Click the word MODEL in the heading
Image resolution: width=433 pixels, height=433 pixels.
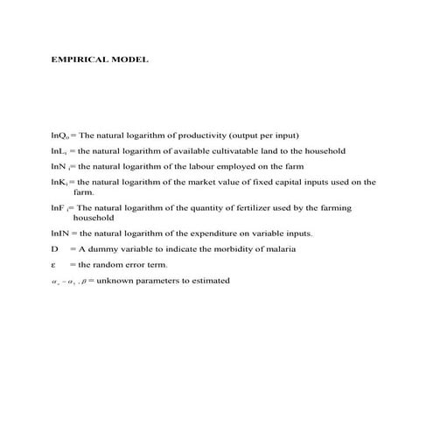pyautogui.click(x=129, y=60)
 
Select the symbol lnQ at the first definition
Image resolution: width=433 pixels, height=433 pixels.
pyautogui.click(x=60, y=136)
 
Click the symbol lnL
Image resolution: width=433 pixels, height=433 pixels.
pyautogui.click(x=59, y=150)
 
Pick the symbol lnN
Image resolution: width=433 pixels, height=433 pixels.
pyautogui.click(x=59, y=165)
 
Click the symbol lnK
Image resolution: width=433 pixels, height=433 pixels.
pyautogui.click(x=59, y=182)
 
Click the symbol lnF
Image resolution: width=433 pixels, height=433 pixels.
pyautogui.click(x=59, y=207)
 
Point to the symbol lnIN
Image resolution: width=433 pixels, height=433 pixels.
pyautogui.click(x=61, y=234)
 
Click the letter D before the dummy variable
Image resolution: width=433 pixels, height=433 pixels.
pyautogui.click(x=54, y=249)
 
